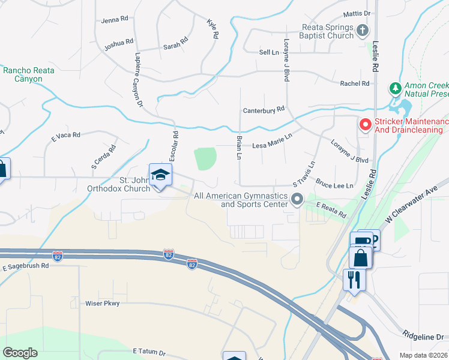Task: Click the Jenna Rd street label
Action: tap(115, 19)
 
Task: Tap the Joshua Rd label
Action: tap(118, 43)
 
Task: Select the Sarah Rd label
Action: tap(176, 46)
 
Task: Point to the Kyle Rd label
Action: tap(211, 28)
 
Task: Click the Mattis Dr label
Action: tap(357, 13)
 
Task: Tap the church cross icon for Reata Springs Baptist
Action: tap(362, 29)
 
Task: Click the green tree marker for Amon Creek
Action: tap(395, 89)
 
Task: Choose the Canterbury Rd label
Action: tap(264, 110)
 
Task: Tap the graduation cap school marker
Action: tap(160, 175)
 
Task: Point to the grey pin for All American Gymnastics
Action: tap(296, 199)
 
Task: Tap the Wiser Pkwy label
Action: tap(103, 304)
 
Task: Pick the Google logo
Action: tap(20, 353)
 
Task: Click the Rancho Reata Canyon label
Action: tap(29, 74)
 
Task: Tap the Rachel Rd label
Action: tap(354, 83)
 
